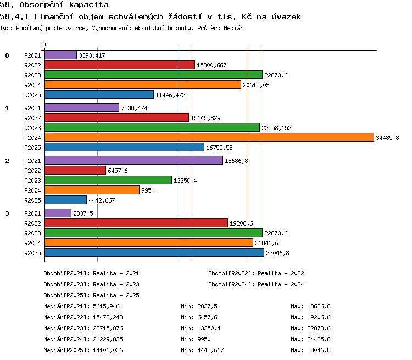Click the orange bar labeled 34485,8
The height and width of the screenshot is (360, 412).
[209, 137]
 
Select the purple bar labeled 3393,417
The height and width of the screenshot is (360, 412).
[60, 55]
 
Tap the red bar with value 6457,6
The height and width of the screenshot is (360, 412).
[75, 170]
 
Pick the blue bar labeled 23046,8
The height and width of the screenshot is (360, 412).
[154, 252]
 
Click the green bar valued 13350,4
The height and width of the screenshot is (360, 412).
[108, 180]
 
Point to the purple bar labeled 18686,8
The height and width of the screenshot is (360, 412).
[133, 160]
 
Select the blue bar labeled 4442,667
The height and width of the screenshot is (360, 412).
[66, 200]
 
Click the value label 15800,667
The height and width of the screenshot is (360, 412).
[211, 65]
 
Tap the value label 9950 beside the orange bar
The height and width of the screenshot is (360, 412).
[148, 190]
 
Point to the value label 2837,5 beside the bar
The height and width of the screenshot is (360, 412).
[83, 213]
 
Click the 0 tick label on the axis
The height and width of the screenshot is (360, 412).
[44, 44]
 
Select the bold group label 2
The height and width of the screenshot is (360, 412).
[7, 161]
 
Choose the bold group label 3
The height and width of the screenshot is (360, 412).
[7, 213]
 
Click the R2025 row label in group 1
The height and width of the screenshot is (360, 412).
[32, 148]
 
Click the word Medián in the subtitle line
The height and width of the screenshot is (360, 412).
[233, 28]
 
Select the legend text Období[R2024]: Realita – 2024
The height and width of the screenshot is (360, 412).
[256, 284]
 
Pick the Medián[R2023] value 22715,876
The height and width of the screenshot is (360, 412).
[108, 328]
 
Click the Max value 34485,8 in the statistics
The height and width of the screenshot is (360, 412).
[319, 339]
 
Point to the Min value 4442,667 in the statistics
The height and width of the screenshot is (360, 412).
[210, 350]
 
